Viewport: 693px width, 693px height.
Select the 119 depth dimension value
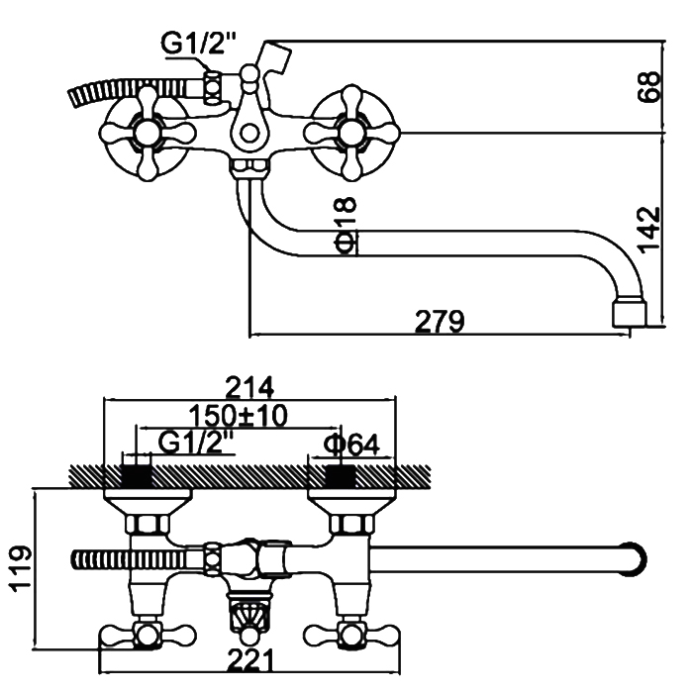pos(21,568)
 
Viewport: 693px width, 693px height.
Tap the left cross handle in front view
pos(145,127)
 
